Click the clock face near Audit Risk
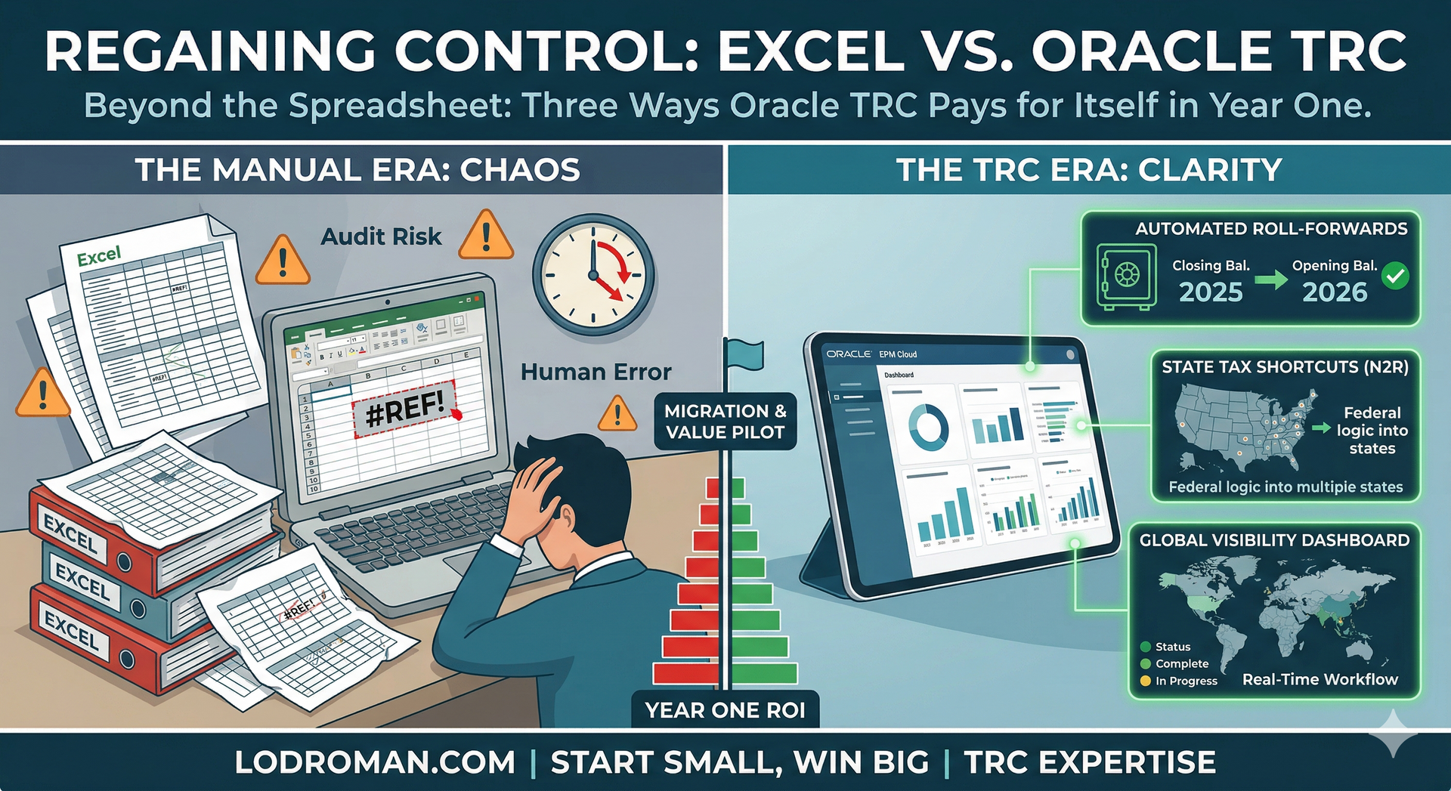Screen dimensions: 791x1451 click(593, 275)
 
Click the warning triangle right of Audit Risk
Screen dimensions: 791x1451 click(486, 236)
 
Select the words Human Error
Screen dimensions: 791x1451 click(596, 372)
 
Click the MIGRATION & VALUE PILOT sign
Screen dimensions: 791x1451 click(725, 422)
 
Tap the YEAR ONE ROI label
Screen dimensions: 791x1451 click(725, 710)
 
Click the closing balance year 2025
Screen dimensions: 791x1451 click(1211, 292)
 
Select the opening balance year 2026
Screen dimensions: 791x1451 click(1335, 292)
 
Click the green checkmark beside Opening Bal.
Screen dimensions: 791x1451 click(1395, 277)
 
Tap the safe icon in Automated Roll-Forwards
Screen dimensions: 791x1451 click(1126, 276)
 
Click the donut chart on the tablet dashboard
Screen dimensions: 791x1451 click(927, 426)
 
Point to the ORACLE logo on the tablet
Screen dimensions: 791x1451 click(848, 354)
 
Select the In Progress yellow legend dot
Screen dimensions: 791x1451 click(1146, 681)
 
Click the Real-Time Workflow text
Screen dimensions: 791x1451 click(1320, 679)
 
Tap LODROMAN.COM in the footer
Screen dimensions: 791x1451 click(375, 762)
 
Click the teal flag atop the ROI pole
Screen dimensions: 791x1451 click(744, 354)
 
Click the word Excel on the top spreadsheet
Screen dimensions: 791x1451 click(99, 256)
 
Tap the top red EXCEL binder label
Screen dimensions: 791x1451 click(70, 533)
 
